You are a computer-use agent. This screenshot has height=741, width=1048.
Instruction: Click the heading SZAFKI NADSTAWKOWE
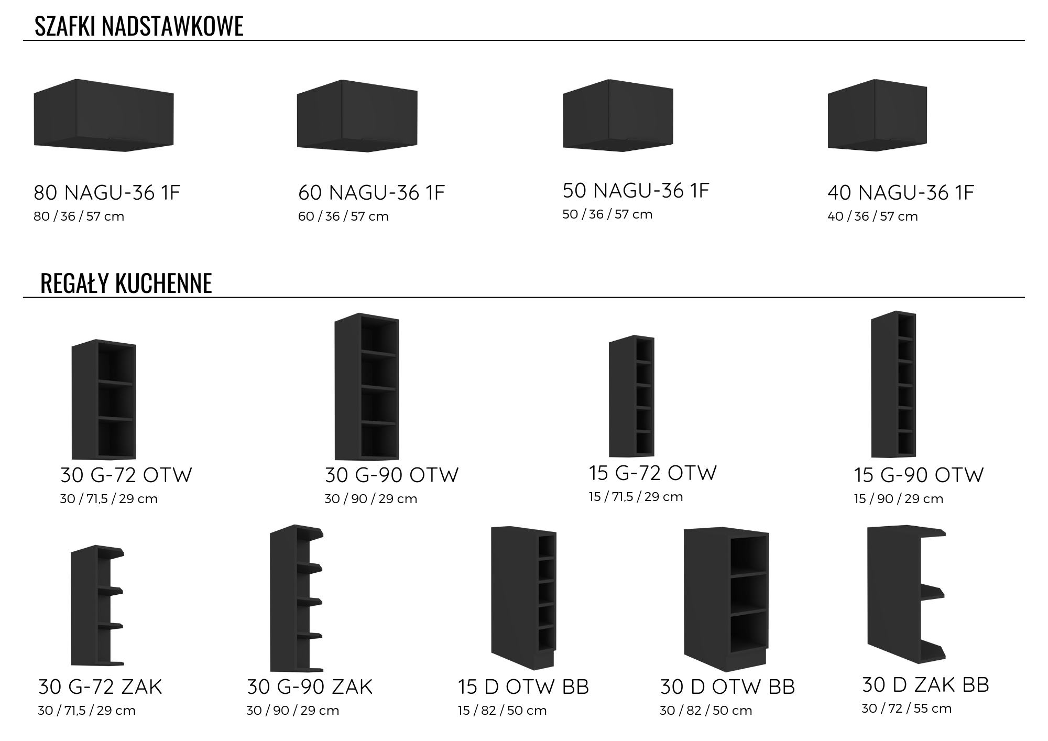tap(139, 26)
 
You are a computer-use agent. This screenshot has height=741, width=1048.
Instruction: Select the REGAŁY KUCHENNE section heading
tap(126, 284)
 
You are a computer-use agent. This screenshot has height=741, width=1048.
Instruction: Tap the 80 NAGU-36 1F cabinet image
tap(104, 116)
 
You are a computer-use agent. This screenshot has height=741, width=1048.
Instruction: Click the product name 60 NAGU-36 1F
tap(372, 193)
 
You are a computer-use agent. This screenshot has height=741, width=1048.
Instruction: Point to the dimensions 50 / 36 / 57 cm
tap(607, 214)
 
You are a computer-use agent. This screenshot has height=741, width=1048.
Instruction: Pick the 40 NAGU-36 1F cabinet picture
tap(877, 115)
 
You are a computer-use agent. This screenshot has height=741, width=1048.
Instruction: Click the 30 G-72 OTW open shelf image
tap(104, 400)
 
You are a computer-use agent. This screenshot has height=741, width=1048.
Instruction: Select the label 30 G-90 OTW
tap(391, 475)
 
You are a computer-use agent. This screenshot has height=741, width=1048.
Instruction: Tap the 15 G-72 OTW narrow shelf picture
tap(631, 396)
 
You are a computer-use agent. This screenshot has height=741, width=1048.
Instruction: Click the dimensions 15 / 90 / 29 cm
tap(898, 499)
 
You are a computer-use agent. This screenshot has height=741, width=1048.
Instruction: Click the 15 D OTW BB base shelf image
tap(523, 597)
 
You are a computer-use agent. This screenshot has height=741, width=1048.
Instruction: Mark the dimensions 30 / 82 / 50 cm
tap(706, 711)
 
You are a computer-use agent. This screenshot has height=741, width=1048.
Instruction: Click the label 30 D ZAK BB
tap(925, 685)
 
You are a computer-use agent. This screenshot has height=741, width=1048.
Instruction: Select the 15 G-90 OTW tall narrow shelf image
tap(893, 385)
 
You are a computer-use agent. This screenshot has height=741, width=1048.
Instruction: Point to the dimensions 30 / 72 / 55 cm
tap(907, 709)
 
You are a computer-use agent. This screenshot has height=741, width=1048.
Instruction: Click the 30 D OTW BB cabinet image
tap(726, 599)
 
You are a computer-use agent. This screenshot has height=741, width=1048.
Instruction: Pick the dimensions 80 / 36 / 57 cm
tap(79, 216)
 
